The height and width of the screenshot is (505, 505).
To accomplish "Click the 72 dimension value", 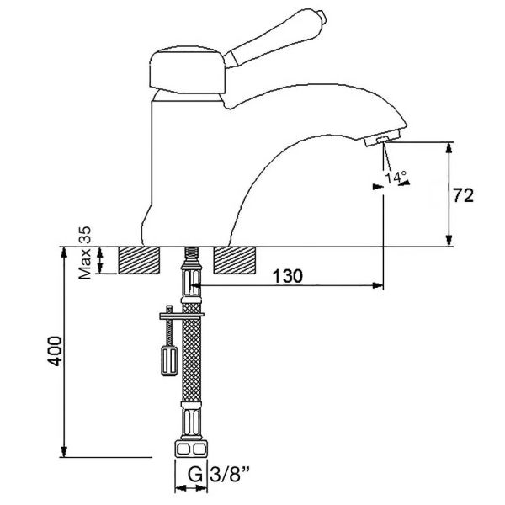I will click(x=463, y=196).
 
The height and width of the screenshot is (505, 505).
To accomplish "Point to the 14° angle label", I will click(x=395, y=177).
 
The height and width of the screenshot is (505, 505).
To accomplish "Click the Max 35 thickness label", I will click(x=85, y=252).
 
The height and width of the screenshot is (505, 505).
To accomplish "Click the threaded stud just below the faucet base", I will click(x=191, y=253).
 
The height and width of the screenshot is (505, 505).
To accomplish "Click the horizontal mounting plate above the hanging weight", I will click(x=178, y=316).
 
